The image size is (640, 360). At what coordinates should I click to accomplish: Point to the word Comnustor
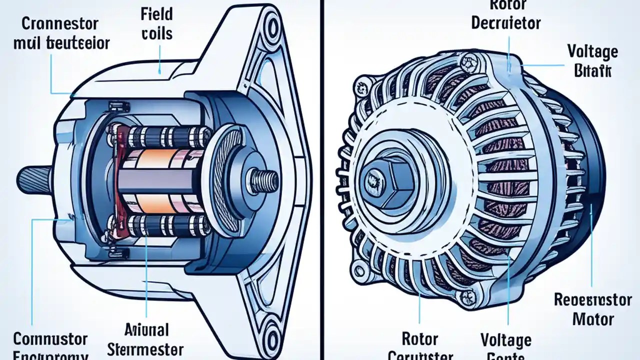(x=50, y=338)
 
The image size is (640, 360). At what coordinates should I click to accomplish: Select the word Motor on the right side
(x=592, y=318)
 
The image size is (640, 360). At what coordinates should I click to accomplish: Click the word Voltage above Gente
(x=506, y=340)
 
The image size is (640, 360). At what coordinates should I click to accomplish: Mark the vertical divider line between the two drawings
(x=320, y=180)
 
